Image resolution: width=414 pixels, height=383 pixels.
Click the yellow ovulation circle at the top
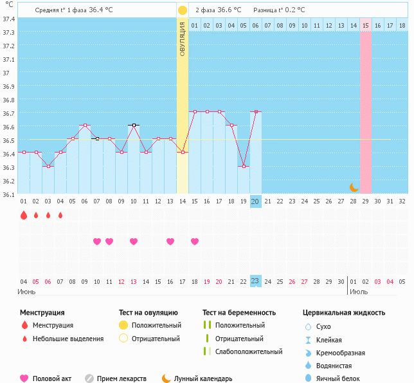click(183, 10)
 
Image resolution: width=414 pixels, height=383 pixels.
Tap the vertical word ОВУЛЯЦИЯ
click(183, 39)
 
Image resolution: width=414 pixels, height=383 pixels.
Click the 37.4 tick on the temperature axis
click(8, 19)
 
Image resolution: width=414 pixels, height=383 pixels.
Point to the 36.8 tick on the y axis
click(8, 100)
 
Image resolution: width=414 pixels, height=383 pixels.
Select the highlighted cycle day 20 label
click(255, 201)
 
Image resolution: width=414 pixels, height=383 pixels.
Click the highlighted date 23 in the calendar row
click(255, 281)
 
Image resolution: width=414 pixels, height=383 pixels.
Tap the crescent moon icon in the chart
click(354, 187)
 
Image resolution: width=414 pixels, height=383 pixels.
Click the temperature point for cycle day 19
click(243, 166)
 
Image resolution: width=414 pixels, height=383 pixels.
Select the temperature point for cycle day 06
click(85, 126)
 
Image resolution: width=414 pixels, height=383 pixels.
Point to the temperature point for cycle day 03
click(48, 166)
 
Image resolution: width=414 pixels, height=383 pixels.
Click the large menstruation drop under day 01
click(24, 216)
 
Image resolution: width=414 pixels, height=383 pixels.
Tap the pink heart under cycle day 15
click(195, 241)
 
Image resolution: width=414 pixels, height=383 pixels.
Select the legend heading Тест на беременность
click(239, 312)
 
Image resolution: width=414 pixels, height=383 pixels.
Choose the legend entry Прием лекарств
click(122, 379)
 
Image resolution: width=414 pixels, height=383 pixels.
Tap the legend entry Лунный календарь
click(203, 379)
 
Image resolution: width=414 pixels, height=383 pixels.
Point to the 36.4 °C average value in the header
click(104, 10)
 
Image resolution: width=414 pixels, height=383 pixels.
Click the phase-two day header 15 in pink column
click(365, 25)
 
